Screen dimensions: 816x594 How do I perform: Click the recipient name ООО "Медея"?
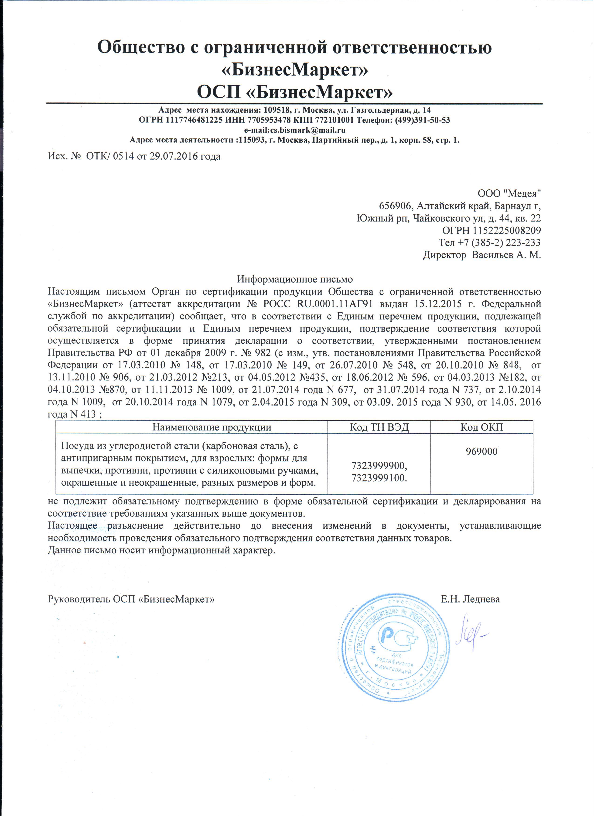point(509,194)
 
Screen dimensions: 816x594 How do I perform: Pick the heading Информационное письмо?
point(295,279)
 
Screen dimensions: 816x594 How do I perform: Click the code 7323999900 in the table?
point(379,466)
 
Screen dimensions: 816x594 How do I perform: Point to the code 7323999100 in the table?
point(379,479)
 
